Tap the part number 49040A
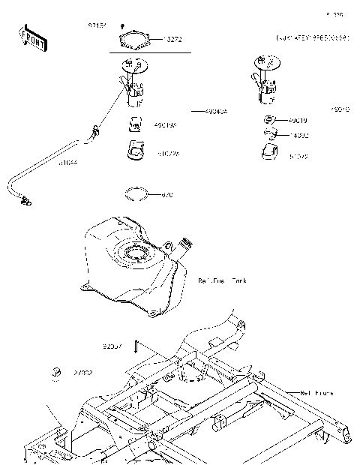click(215, 110)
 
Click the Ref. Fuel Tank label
click(222, 280)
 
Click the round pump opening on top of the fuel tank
click(137, 254)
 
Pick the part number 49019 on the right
click(298, 120)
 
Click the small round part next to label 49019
click(268, 120)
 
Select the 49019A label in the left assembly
click(165, 125)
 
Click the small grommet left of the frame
click(55, 371)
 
